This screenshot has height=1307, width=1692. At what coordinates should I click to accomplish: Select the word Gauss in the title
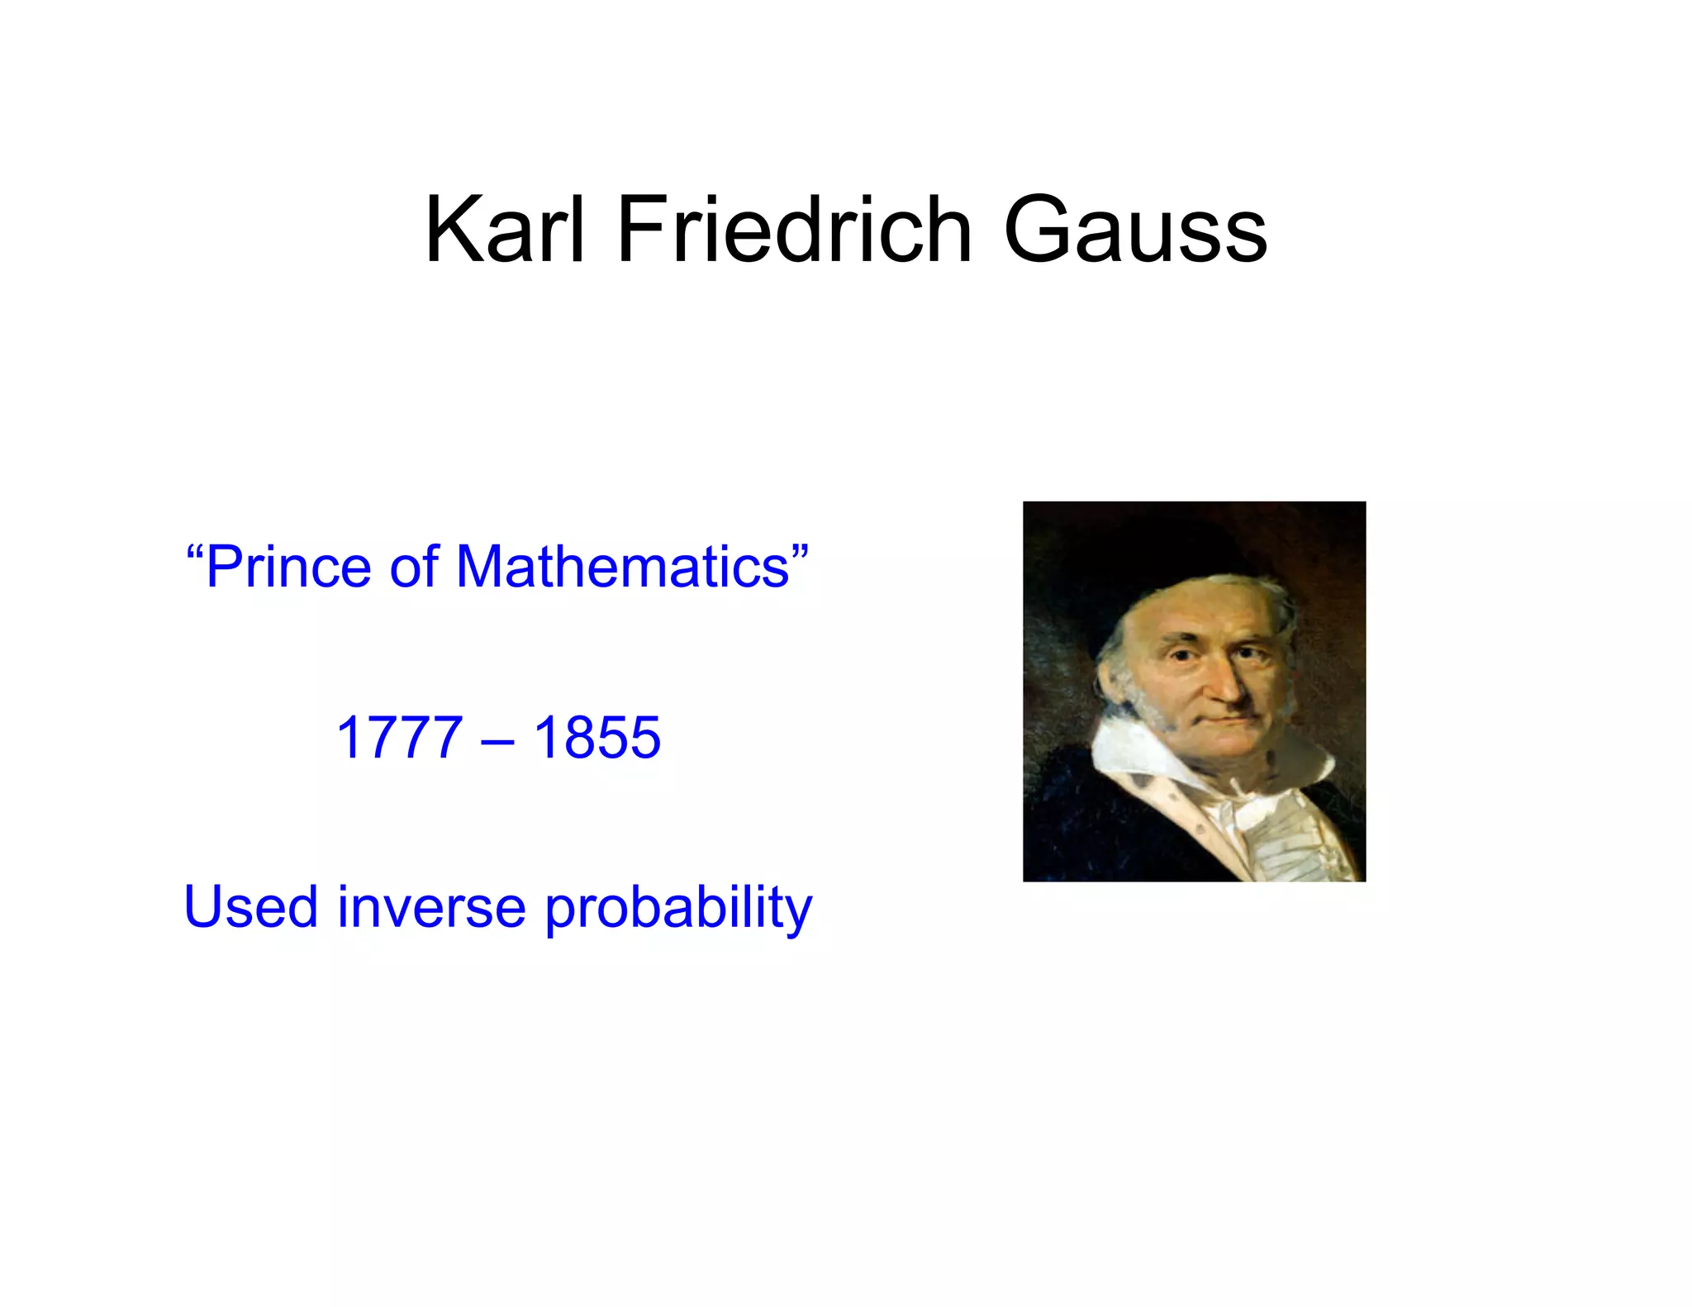[1135, 231]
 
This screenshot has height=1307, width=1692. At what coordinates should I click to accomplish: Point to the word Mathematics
[623, 568]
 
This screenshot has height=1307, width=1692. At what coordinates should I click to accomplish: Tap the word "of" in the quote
[414, 568]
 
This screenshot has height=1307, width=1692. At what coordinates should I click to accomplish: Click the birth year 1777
[399, 737]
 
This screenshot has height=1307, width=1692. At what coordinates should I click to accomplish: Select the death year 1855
[597, 737]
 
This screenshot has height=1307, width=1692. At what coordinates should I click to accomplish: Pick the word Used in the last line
[250, 906]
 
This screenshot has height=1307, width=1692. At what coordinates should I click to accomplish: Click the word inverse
[431, 906]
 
